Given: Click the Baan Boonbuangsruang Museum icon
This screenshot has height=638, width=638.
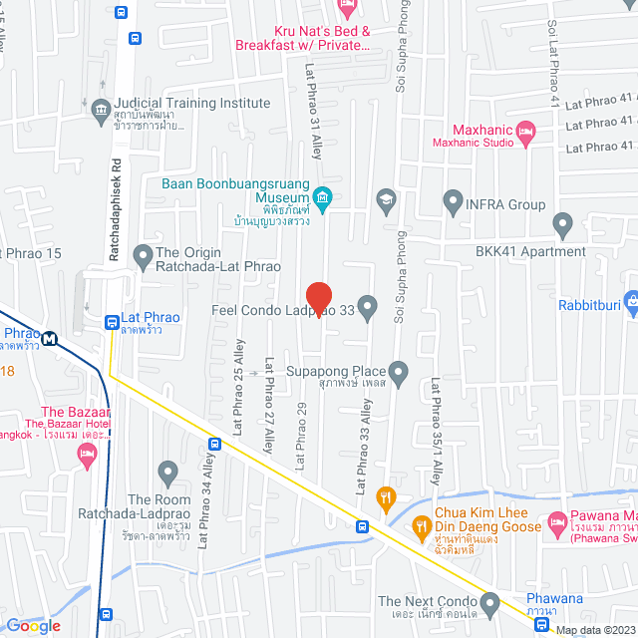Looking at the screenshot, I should (321, 195).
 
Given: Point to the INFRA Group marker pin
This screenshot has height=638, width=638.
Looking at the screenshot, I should (453, 204).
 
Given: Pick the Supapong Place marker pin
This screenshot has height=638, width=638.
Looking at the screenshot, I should (399, 374).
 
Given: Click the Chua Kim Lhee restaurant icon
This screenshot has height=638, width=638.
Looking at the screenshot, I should (421, 524).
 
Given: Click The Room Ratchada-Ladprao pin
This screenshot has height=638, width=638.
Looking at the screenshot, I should (166, 471).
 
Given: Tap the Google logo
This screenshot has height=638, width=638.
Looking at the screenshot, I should (33, 626).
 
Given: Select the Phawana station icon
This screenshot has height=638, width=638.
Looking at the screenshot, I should (540, 625).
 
